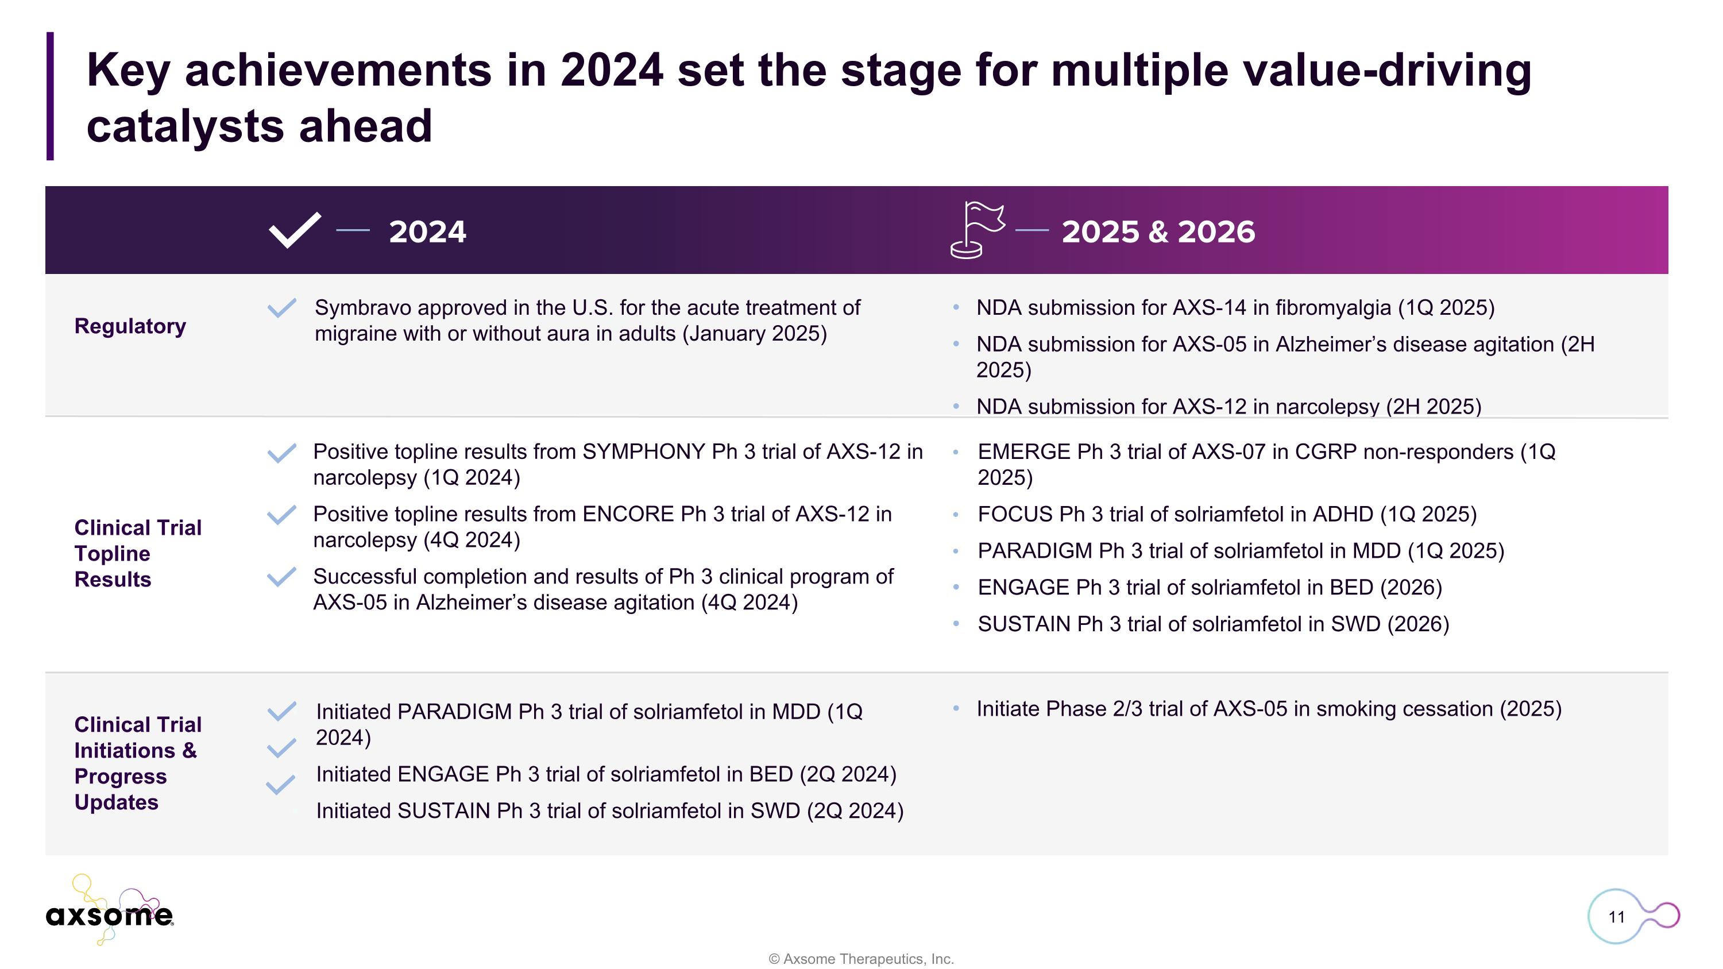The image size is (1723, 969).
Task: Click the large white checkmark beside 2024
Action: pyautogui.click(x=294, y=230)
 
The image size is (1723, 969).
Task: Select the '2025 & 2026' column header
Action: pyautogui.click(x=1158, y=231)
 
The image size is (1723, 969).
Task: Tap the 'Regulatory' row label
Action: pyautogui.click(x=130, y=326)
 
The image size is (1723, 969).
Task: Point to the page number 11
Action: pyautogui.click(x=1616, y=917)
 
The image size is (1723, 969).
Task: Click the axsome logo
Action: pyautogui.click(x=109, y=913)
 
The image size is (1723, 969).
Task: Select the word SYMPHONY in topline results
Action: pyautogui.click(x=643, y=452)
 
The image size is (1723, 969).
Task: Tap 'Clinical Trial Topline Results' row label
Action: pyautogui.click(x=137, y=553)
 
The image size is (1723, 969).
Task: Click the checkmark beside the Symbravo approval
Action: pyautogui.click(x=281, y=308)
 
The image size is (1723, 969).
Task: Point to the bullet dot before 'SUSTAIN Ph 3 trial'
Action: pyautogui.click(x=956, y=624)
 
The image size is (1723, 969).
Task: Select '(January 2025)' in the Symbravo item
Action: pyautogui.click(x=755, y=333)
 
